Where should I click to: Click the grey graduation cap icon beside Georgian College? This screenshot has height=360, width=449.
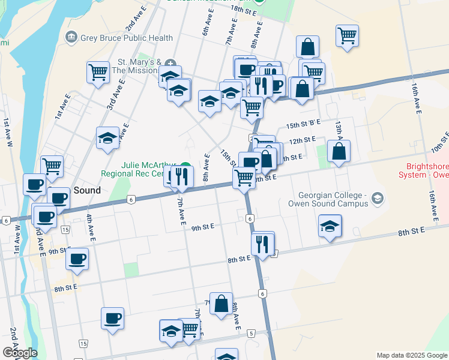(x=377, y=197)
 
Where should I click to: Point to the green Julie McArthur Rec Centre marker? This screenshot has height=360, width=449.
(x=186, y=166)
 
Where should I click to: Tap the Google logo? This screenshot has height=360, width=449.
(x=20, y=353)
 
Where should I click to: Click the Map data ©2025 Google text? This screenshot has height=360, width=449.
(x=412, y=355)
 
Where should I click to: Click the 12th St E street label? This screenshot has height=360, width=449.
(x=303, y=140)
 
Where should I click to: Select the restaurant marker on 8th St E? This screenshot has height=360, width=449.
(x=263, y=243)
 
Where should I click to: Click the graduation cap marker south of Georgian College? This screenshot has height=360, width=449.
(x=330, y=227)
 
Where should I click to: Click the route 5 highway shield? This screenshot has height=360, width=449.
(x=251, y=333)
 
